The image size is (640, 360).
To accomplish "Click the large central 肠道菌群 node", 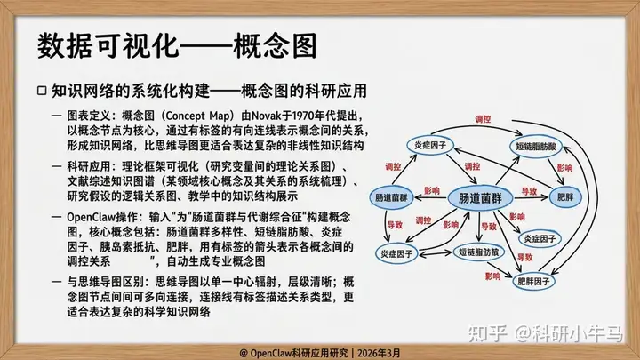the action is click(x=480, y=198).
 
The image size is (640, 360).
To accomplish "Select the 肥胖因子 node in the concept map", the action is click(x=533, y=281).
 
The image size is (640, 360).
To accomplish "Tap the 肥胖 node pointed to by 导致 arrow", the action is click(x=565, y=197).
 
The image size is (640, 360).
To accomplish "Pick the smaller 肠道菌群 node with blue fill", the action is click(x=391, y=198).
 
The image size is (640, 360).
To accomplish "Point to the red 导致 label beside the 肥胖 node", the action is click(x=529, y=191).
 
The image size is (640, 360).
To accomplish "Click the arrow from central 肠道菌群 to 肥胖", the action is click(x=531, y=198).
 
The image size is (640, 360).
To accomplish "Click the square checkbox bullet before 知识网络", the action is click(x=42, y=91).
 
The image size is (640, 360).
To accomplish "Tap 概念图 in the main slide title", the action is click(x=275, y=45).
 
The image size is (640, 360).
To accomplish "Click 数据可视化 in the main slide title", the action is click(x=108, y=45).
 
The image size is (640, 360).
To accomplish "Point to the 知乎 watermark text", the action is click(x=487, y=333).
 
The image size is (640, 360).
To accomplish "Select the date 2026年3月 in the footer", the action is click(x=379, y=353).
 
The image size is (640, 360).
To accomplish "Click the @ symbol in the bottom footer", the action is click(x=244, y=353).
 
